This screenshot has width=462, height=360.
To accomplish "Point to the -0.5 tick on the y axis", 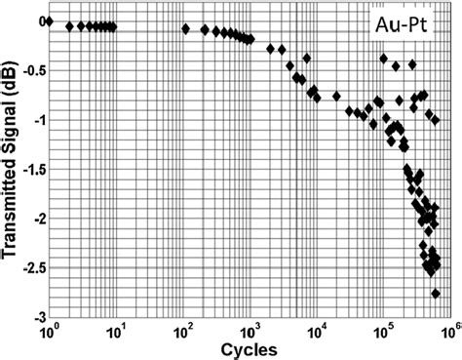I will [29, 69].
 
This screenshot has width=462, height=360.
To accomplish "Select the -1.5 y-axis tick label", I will [29, 169].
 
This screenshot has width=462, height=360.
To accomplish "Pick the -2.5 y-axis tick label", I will [29, 268].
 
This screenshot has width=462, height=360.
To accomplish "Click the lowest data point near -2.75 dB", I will [436, 293].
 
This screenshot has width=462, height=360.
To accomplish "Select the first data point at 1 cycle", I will [49, 21].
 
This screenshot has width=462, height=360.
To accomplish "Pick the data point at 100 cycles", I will [184, 28].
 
